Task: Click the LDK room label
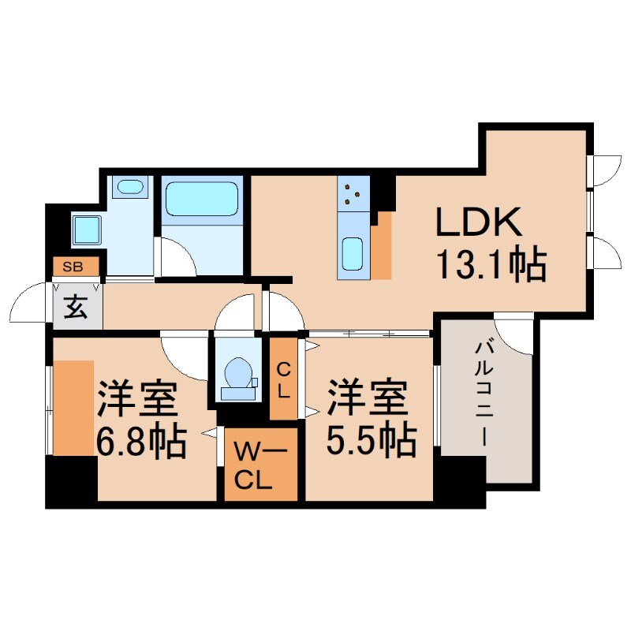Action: click(x=480, y=223)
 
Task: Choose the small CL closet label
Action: click(x=284, y=379)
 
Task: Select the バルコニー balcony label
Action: click(x=481, y=394)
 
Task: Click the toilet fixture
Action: click(x=237, y=375)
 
